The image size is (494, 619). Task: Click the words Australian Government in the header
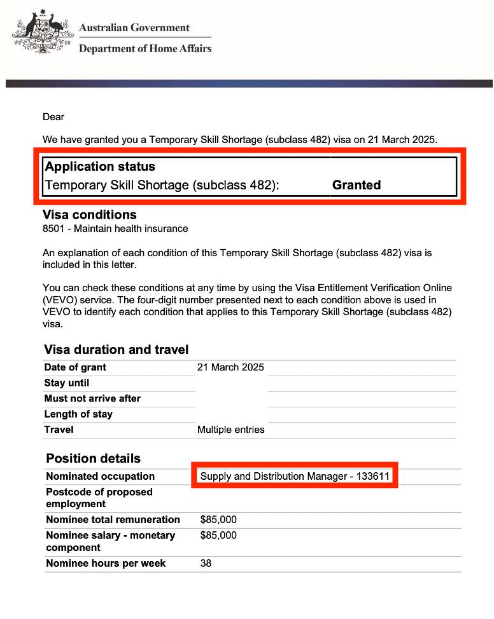pos(134,28)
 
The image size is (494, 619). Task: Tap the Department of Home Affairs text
pos(145,48)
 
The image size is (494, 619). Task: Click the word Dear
pos(53,116)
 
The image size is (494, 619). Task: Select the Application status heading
pos(100,167)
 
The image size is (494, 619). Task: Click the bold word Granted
pos(356,185)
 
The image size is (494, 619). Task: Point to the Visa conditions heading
pos(89,215)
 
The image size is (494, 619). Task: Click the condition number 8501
pos(54,229)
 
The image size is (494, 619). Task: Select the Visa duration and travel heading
pos(116,350)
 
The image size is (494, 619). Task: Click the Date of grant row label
pos(75,367)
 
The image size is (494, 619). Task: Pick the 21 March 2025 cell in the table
pos(230,367)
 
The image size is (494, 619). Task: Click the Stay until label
pos(67,383)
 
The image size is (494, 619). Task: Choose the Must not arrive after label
pos(92,398)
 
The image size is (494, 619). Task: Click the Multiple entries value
pos(230,430)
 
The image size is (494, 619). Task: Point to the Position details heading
pos(93,458)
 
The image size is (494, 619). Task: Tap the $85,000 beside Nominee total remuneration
pos(218,520)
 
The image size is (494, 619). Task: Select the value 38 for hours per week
pos(206,563)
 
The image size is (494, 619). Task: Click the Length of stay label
pos(78,414)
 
